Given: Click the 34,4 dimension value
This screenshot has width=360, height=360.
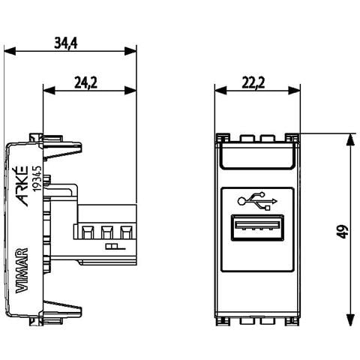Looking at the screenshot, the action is click(66, 43).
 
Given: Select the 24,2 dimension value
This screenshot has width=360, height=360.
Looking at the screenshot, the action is click(85, 82).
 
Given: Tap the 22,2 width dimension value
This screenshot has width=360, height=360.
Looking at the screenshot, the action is click(253, 82).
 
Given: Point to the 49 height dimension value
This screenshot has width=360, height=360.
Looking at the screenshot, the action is click(344, 232).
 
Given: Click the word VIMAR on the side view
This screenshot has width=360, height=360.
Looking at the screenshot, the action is click(22, 271).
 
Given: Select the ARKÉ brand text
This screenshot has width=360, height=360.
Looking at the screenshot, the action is click(22, 186).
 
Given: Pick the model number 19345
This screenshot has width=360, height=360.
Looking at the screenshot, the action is click(37, 178).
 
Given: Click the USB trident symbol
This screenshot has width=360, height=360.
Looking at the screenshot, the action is click(257, 202).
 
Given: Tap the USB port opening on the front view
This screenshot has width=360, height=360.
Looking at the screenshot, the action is click(257, 227).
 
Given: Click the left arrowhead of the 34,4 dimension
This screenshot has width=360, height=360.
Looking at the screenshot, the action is click(10, 51).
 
